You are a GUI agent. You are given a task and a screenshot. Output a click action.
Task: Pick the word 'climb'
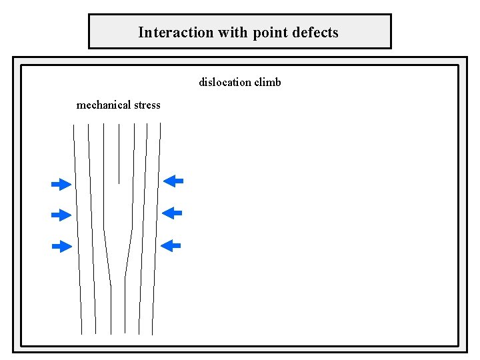pos(267,83)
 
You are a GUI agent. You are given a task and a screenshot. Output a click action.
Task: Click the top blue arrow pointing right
pos(61,183)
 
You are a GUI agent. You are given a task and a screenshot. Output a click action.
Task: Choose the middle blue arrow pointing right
pos(61,215)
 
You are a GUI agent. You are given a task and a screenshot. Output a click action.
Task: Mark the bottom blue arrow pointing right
pos(61,247)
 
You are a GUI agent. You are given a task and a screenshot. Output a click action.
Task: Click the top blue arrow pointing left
pos(173,180)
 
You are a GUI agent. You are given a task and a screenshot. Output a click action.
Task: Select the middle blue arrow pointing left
pos(173,213)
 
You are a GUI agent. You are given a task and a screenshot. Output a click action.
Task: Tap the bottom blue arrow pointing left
pos(172,245)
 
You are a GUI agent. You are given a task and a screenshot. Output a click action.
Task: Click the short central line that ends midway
pos(119,153)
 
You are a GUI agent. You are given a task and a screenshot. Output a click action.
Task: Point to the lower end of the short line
pos(119,183)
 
